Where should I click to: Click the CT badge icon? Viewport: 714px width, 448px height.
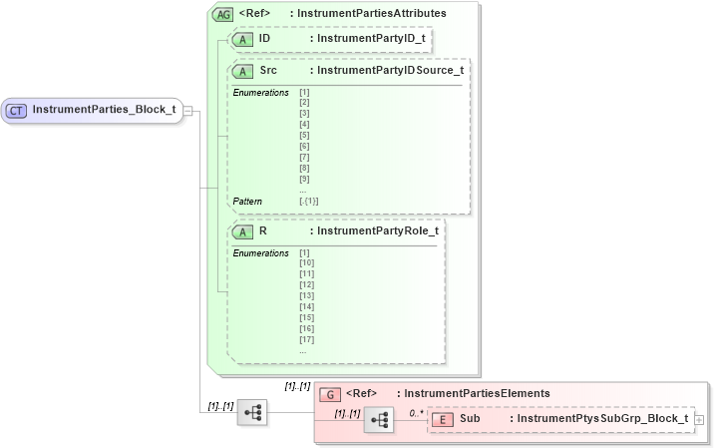point(17,109)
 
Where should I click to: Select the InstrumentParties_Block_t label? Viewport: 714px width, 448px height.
point(104,109)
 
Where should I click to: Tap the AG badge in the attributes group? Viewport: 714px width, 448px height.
point(222,14)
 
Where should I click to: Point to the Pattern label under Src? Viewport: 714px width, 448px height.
point(247,201)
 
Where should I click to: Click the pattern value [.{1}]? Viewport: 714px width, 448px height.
point(308,201)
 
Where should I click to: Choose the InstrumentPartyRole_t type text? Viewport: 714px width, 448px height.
point(373,230)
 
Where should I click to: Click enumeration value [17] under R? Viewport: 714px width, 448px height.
point(306,339)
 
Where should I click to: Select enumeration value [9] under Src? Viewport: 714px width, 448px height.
point(303,179)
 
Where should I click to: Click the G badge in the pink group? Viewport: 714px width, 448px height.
point(330,394)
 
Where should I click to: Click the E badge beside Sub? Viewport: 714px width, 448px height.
point(442,419)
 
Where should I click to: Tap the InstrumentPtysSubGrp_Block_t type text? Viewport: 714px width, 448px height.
point(598,419)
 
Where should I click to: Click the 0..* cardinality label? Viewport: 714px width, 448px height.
point(416,411)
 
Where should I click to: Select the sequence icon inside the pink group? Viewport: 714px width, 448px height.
point(379,421)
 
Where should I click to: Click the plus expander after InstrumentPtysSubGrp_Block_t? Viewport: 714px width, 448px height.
point(699,420)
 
